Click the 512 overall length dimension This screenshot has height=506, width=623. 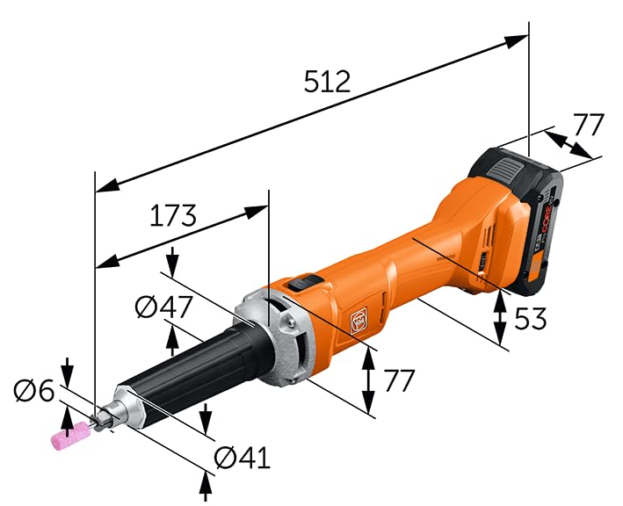coord(327,81)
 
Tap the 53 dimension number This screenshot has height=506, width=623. coord(530,318)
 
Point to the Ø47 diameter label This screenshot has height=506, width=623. coord(164,307)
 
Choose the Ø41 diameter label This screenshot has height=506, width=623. coord(242,457)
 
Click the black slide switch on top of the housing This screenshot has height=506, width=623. coord(304,283)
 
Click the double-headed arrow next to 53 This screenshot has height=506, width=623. coord(500,318)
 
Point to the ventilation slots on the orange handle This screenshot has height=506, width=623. coord(482,260)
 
